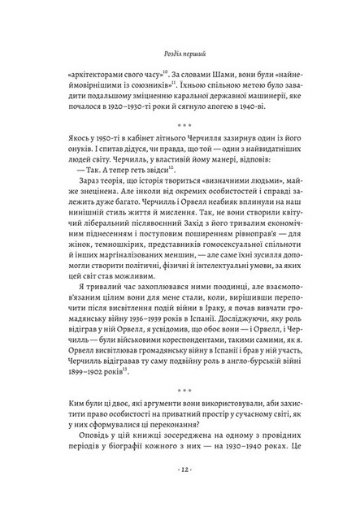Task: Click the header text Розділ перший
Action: [180, 57]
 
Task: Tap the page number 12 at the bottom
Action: [180, 492]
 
